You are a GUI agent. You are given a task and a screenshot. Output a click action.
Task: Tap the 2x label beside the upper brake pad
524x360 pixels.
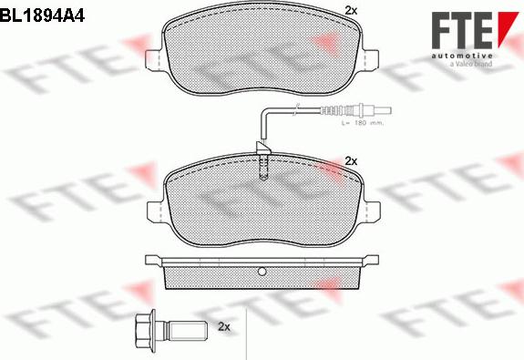point(351,11)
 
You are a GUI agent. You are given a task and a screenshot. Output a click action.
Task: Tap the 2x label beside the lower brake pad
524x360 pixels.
point(351,160)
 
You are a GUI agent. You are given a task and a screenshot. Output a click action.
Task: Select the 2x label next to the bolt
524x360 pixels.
point(226,326)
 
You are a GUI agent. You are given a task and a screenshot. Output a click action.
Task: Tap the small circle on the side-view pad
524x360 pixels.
point(262,271)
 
